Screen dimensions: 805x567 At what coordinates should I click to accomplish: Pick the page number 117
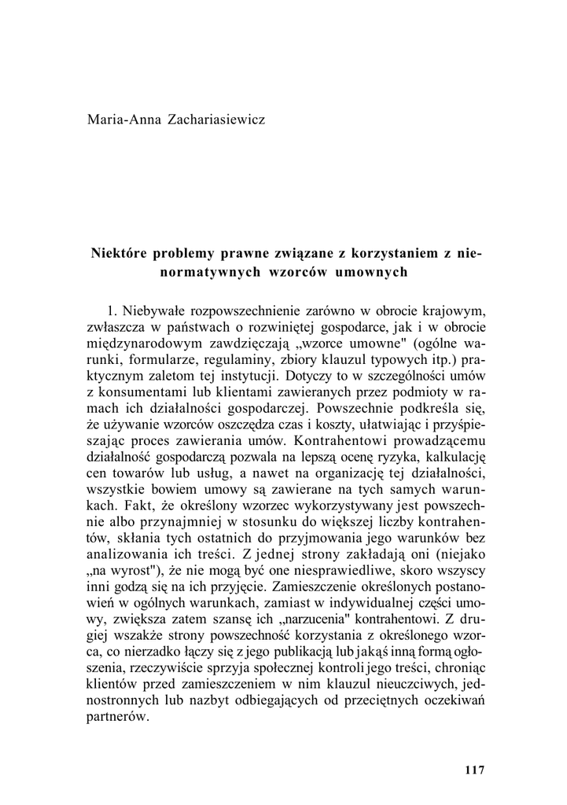click(x=475, y=769)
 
